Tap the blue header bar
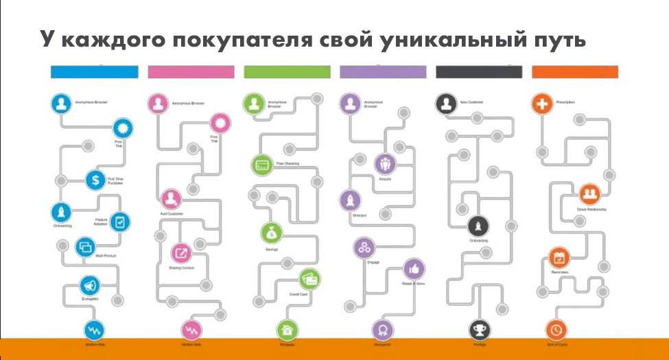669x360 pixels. pos(95,72)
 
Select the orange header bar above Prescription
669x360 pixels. pos(575,72)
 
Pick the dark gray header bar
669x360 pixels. pos(479,72)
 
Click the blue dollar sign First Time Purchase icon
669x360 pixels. pos(95,181)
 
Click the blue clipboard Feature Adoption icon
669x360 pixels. pos(121,221)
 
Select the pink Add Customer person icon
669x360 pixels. pos(170,200)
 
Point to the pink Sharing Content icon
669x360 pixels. pos(182,253)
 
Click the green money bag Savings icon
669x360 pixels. pos(271,233)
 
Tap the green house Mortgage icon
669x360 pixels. pos(286,330)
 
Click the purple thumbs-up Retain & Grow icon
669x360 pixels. pos(414,268)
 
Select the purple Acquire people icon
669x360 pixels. pos(385,164)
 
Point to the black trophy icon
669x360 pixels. pos(478,330)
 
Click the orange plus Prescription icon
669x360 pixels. pos(542,104)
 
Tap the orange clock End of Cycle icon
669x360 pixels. pos(556,330)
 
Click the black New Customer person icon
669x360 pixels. pos(446,104)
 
